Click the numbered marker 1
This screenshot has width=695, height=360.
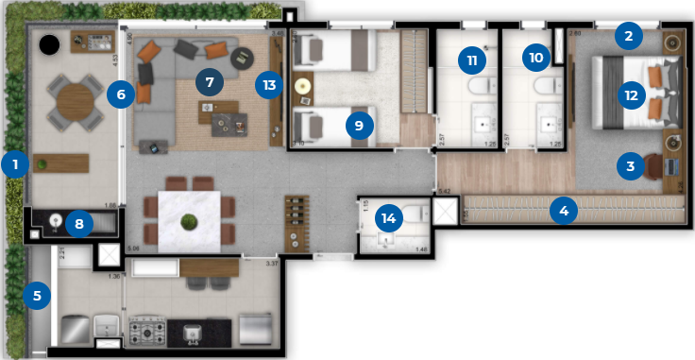[15, 163]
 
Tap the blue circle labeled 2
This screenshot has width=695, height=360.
[627, 38]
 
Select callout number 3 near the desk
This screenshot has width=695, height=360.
[629, 166]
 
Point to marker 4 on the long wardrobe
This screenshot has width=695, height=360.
[564, 210]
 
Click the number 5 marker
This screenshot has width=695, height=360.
[37, 296]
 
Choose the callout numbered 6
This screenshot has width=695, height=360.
[120, 94]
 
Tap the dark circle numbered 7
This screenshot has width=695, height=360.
[210, 82]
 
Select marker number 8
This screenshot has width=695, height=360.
[79, 224]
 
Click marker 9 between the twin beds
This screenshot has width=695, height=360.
[357, 124]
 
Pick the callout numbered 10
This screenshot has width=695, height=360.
[535, 57]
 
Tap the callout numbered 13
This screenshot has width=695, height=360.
[269, 84]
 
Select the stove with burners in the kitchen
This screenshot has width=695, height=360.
[148, 332]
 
